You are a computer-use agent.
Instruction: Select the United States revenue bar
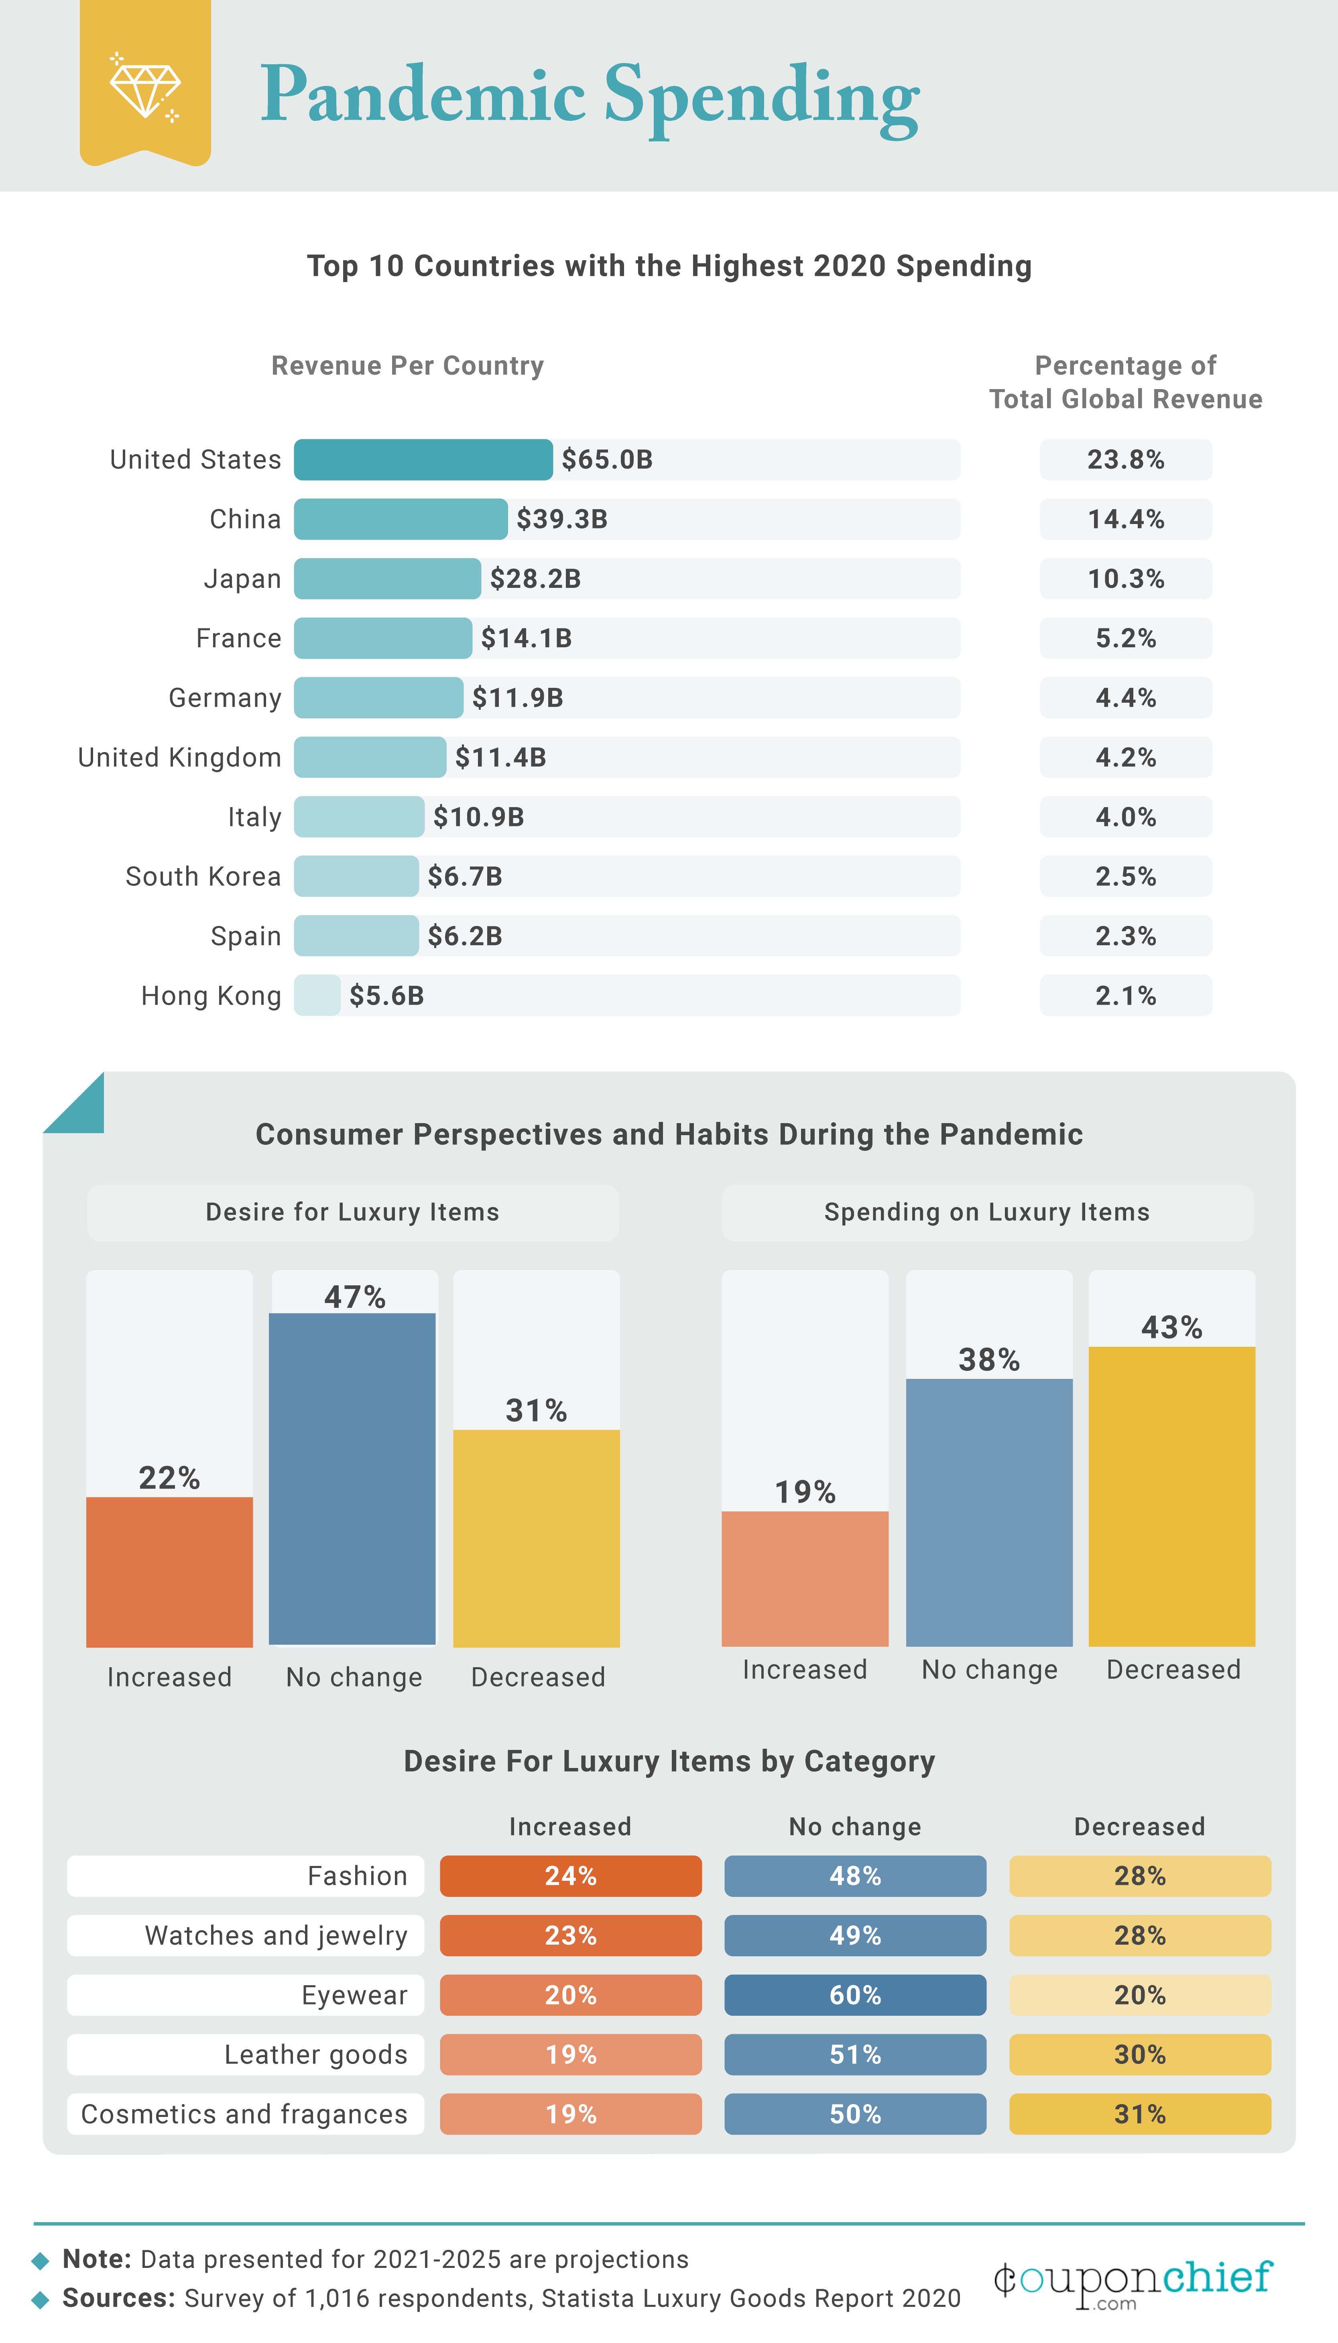click(x=423, y=460)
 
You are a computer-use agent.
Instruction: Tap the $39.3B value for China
click(x=561, y=519)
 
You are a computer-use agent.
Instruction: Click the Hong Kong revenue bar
click(x=317, y=995)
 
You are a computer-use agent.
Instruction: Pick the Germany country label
click(x=225, y=697)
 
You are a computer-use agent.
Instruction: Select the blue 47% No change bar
click(x=352, y=1478)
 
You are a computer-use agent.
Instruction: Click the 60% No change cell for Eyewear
click(x=855, y=1994)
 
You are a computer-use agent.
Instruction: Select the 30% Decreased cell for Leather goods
click(x=1139, y=2054)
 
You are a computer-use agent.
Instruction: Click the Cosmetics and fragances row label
click(x=244, y=2114)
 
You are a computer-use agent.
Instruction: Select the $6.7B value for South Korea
click(x=465, y=876)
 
